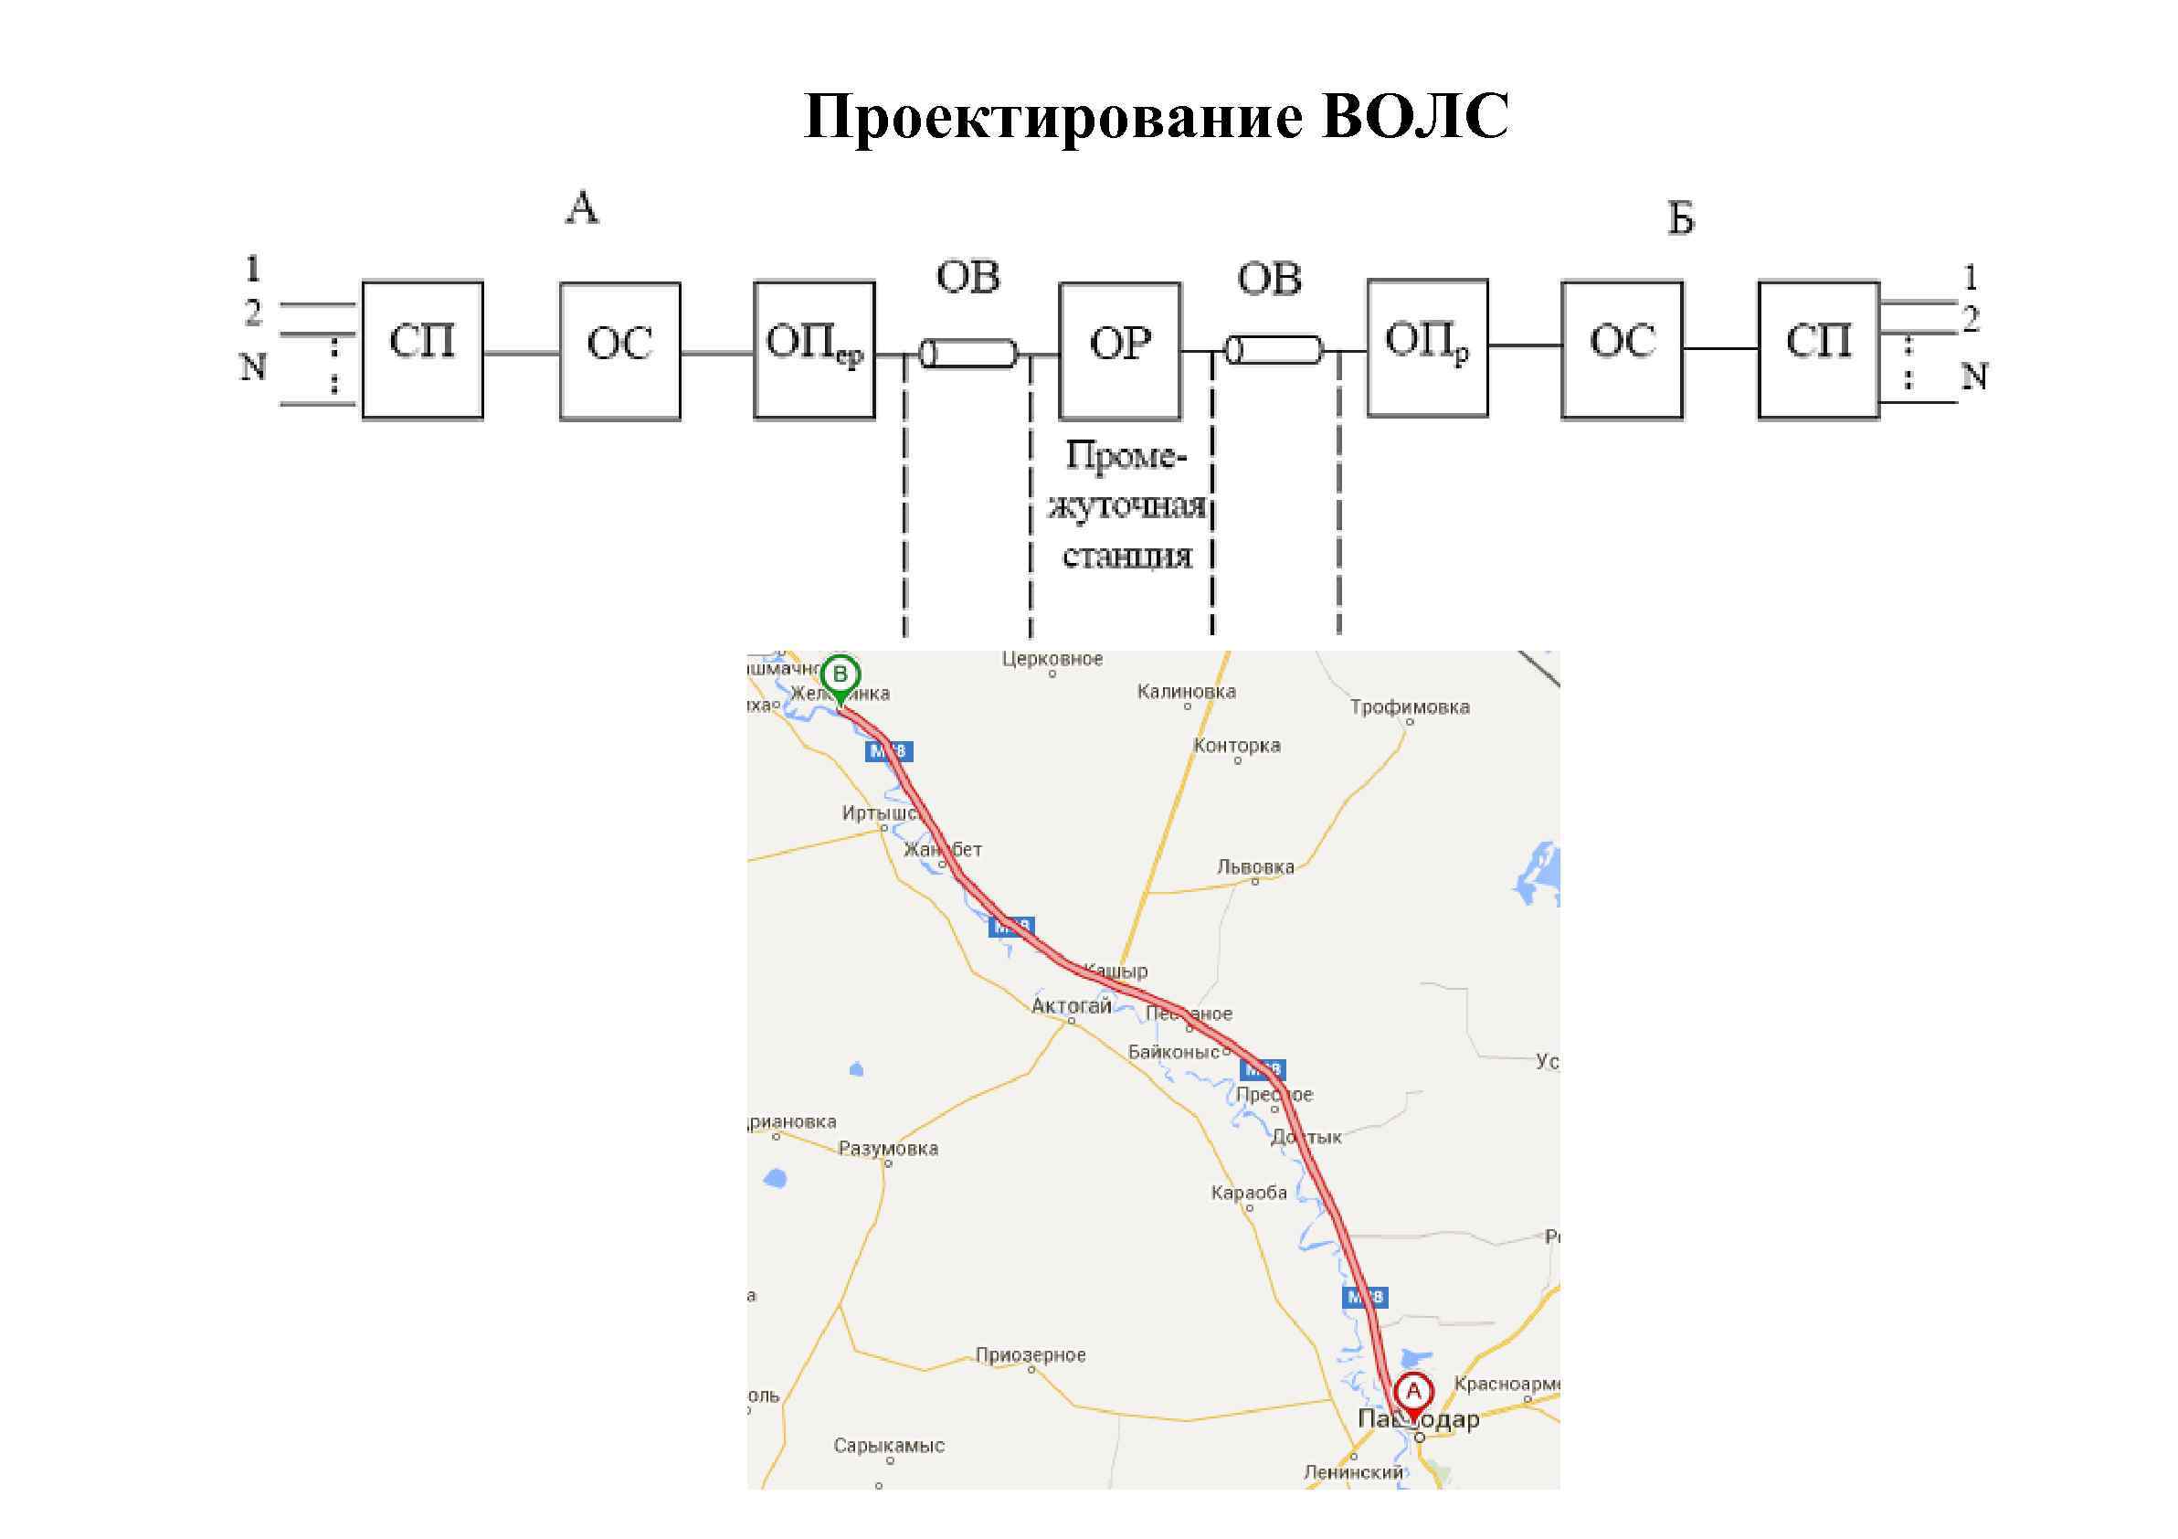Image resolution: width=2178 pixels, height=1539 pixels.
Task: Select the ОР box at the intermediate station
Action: tap(1119, 350)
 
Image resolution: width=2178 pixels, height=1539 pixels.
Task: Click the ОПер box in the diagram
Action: tap(814, 349)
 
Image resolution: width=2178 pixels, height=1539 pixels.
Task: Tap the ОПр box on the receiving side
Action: tap(1427, 347)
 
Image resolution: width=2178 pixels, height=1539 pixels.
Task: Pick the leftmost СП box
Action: tap(422, 349)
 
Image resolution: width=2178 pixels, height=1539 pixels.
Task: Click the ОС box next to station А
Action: tap(619, 350)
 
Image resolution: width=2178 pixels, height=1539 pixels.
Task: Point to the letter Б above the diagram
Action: tap(1680, 220)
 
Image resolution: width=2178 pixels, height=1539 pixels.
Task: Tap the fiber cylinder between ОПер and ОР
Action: tap(967, 353)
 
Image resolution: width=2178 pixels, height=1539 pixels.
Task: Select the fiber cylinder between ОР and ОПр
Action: tap(1274, 350)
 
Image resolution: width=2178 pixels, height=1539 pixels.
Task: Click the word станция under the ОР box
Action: tap(1126, 556)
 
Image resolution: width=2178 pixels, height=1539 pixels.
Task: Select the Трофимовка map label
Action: tap(1410, 706)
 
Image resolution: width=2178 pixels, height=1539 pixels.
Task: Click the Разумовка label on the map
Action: tap(888, 1149)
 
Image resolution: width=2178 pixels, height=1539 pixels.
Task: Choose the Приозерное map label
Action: tap(1031, 1355)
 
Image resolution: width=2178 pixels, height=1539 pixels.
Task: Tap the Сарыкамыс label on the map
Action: tap(889, 1446)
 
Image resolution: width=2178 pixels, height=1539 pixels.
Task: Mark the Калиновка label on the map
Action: tap(1186, 692)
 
